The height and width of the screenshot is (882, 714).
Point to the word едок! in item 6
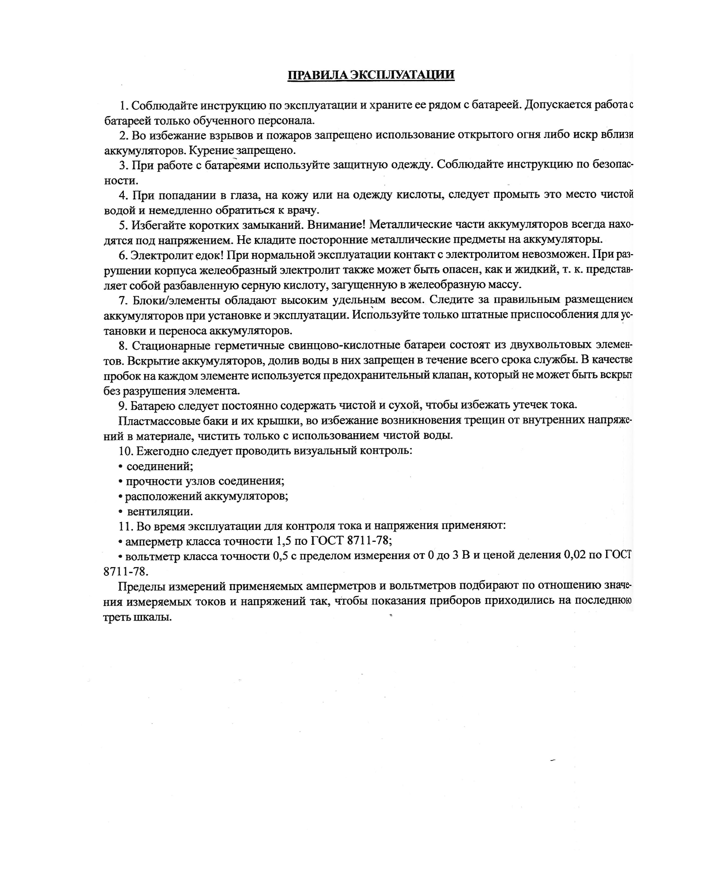pyautogui.click(x=209, y=255)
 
